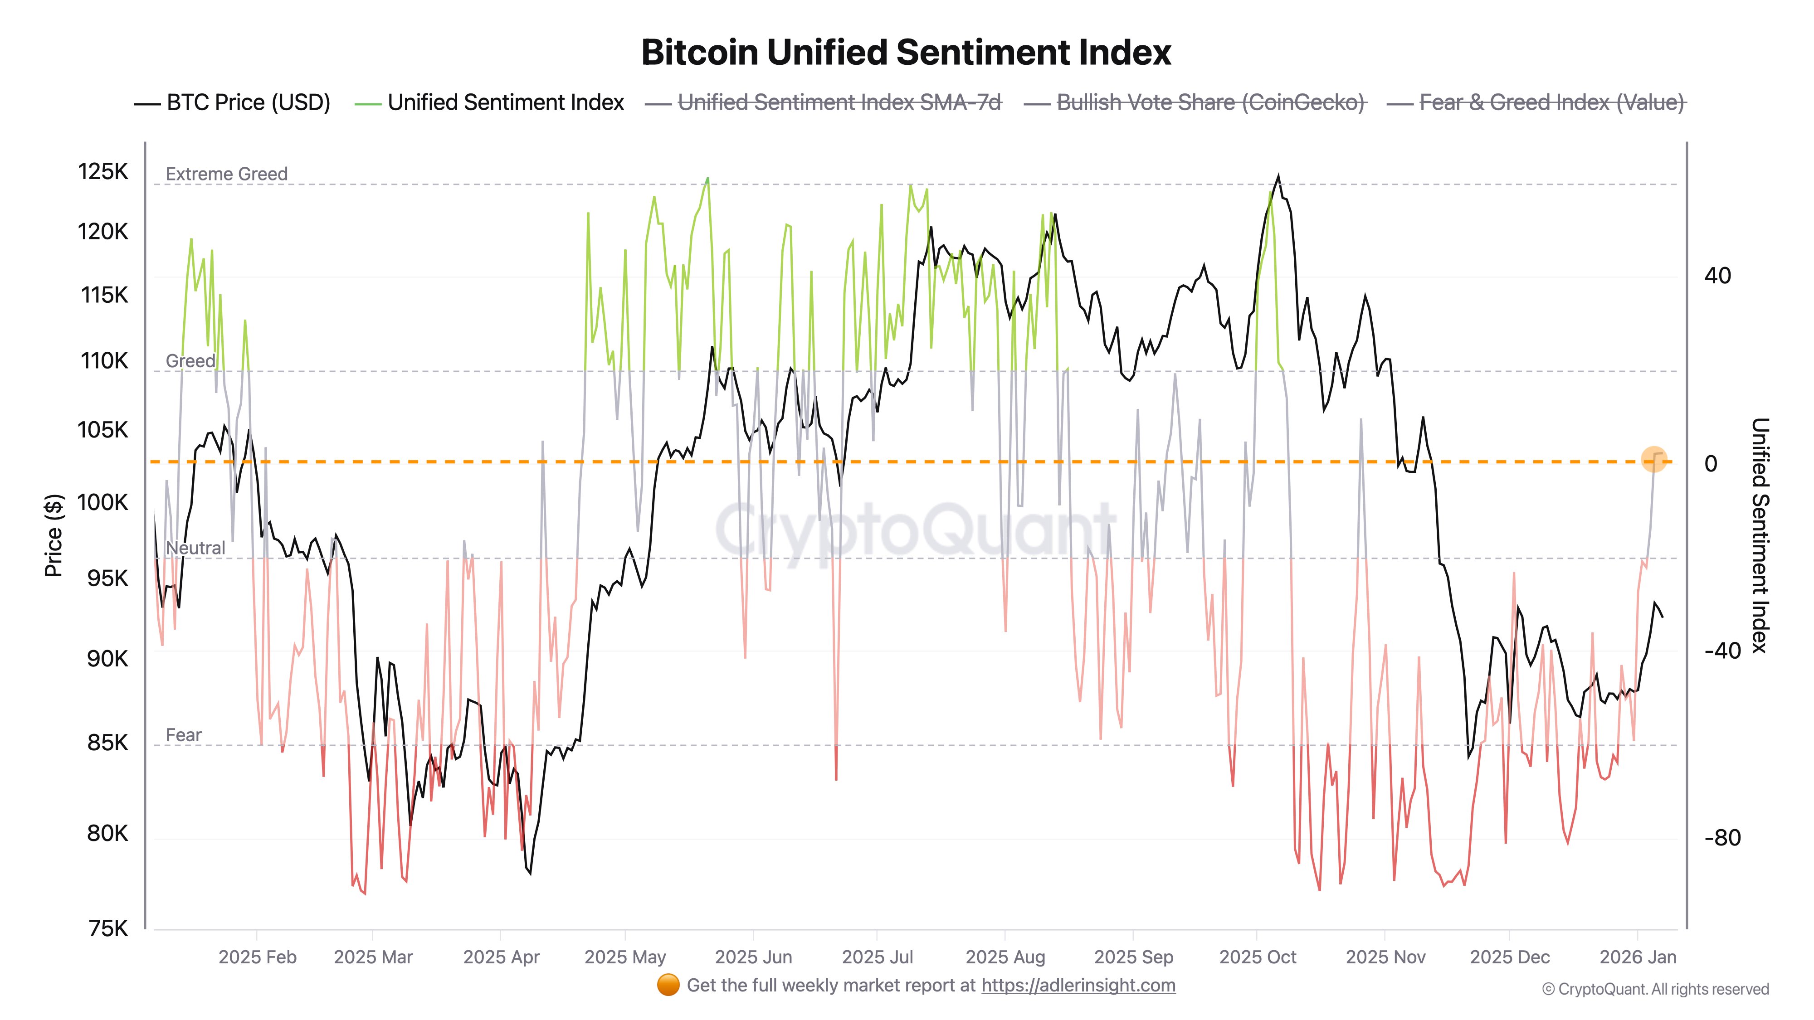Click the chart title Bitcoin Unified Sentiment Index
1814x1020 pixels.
click(906, 53)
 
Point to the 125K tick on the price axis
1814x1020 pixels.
click(103, 171)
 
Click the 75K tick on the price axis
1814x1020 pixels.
click(108, 928)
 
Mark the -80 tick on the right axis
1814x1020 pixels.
click(1722, 838)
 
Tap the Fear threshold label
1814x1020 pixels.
click(183, 735)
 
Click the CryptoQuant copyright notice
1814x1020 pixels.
click(1655, 989)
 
